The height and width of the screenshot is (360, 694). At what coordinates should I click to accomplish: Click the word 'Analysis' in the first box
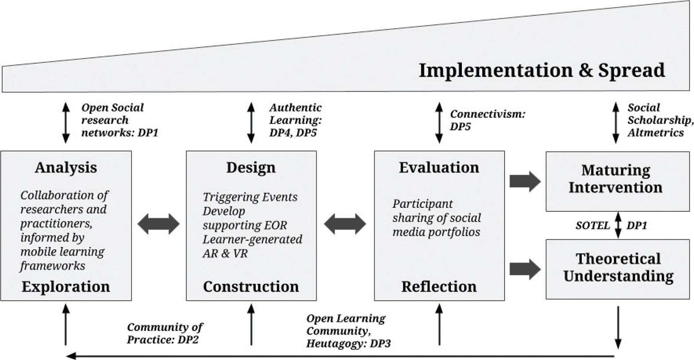[x=66, y=168]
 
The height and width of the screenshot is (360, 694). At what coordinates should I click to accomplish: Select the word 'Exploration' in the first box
[x=66, y=286]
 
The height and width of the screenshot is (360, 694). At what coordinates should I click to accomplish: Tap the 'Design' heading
[x=251, y=168]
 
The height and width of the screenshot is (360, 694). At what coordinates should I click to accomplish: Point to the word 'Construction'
[x=251, y=286]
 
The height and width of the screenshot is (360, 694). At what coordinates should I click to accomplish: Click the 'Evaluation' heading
[x=439, y=168]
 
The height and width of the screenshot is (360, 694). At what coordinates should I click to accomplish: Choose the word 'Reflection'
[x=439, y=286]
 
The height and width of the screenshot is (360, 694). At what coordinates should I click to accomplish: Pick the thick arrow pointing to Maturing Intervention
[x=525, y=181]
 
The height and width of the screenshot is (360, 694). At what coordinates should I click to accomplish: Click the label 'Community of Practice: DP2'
[x=165, y=333]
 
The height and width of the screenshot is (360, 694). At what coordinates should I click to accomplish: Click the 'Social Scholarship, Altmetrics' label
[x=659, y=120]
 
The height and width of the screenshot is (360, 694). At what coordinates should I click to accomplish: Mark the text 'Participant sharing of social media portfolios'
[x=436, y=218]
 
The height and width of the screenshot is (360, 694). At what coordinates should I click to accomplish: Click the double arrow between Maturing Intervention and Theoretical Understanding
[x=618, y=225]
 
